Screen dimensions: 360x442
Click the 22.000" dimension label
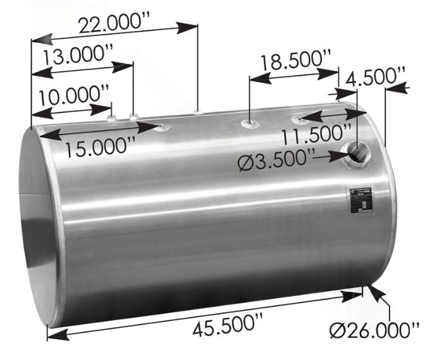(112, 25)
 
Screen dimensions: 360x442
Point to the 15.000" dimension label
(100, 147)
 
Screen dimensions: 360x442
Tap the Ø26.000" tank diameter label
(375, 329)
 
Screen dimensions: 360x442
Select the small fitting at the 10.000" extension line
(129, 117)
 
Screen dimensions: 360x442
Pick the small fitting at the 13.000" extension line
(151, 117)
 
